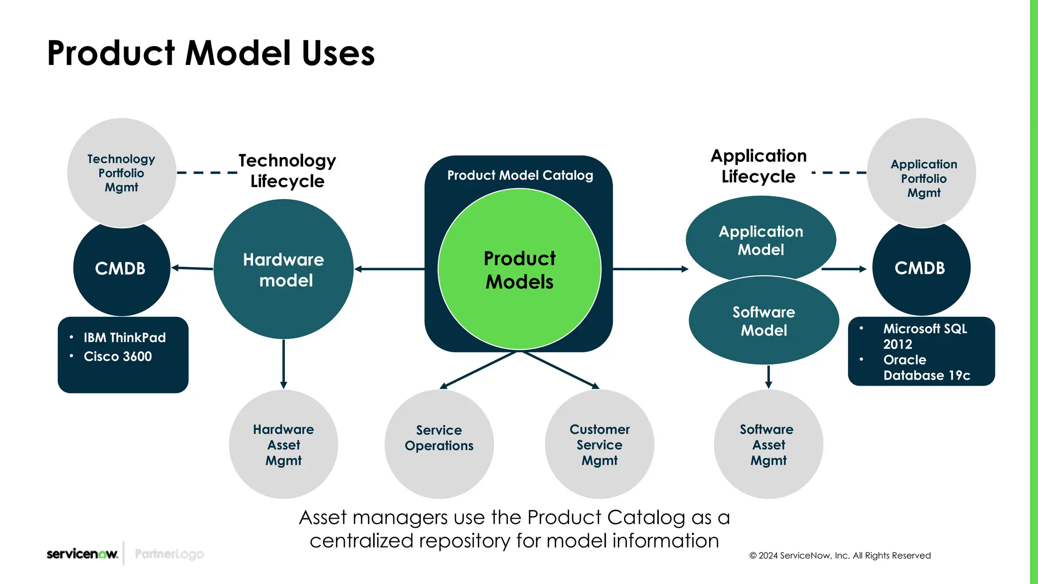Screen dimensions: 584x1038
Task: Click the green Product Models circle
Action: (520, 269)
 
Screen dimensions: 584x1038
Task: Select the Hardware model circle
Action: (283, 269)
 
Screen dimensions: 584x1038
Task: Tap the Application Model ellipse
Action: (761, 240)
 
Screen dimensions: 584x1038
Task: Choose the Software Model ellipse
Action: (764, 321)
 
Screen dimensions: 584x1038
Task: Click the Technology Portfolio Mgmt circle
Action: (122, 173)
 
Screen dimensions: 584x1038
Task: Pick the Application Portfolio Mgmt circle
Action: (923, 178)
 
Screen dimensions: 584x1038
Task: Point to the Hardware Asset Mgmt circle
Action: (283, 445)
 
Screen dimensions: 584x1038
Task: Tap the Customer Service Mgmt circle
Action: (600, 445)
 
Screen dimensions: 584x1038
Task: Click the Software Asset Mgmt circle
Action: (768, 445)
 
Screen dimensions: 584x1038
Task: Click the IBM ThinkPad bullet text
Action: (125, 338)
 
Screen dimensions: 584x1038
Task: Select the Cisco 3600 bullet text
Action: (118, 356)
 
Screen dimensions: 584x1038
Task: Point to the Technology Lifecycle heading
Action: (287, 171)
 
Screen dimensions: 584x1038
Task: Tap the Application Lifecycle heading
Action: (758, 166)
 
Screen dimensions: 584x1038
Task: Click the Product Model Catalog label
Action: (520, 175)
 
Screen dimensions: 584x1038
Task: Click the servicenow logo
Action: (82, 554)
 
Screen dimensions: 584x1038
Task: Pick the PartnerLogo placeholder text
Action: (169, 554)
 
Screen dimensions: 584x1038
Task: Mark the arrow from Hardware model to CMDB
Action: (192, 268)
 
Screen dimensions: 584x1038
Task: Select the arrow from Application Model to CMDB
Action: (843, 269)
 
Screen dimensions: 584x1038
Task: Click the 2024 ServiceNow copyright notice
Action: (840, 556)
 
